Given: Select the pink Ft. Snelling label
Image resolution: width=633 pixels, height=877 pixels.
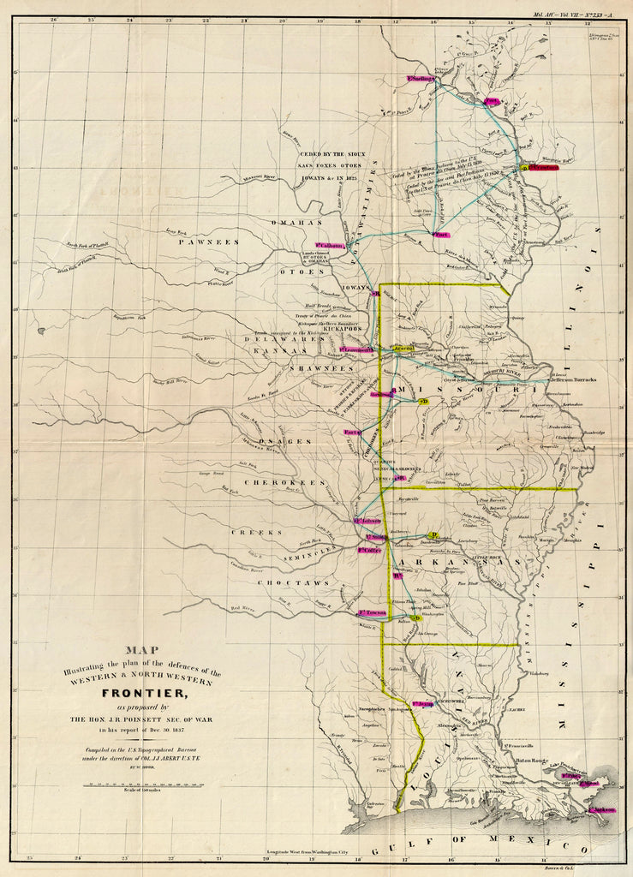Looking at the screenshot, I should pyautogui.click(x=420, y=80).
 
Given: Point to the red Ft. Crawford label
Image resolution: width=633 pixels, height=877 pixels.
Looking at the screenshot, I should pyautogui.click(x=542, y=168).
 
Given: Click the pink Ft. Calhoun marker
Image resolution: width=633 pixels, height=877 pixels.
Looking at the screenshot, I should pyautogui.click(x=331, y=246).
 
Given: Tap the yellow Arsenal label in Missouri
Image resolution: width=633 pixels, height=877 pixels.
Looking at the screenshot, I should pyautogui.click(x=403, y=349).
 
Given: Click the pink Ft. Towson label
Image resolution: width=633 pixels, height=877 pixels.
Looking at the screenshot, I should pyautogui.click(x=373, y=612).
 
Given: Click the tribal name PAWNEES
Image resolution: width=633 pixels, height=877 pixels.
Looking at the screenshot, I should pyautogui.click(x=209, y=242).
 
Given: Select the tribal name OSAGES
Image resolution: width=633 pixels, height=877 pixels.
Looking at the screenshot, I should pyautogui.click(x=285, y=440).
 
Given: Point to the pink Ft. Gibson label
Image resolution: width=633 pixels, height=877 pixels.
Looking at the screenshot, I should pyautogui.click(x=367, y=521).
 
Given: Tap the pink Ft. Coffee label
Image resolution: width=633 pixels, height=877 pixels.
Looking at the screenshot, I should pyautogui.click(x=370, y=550).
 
